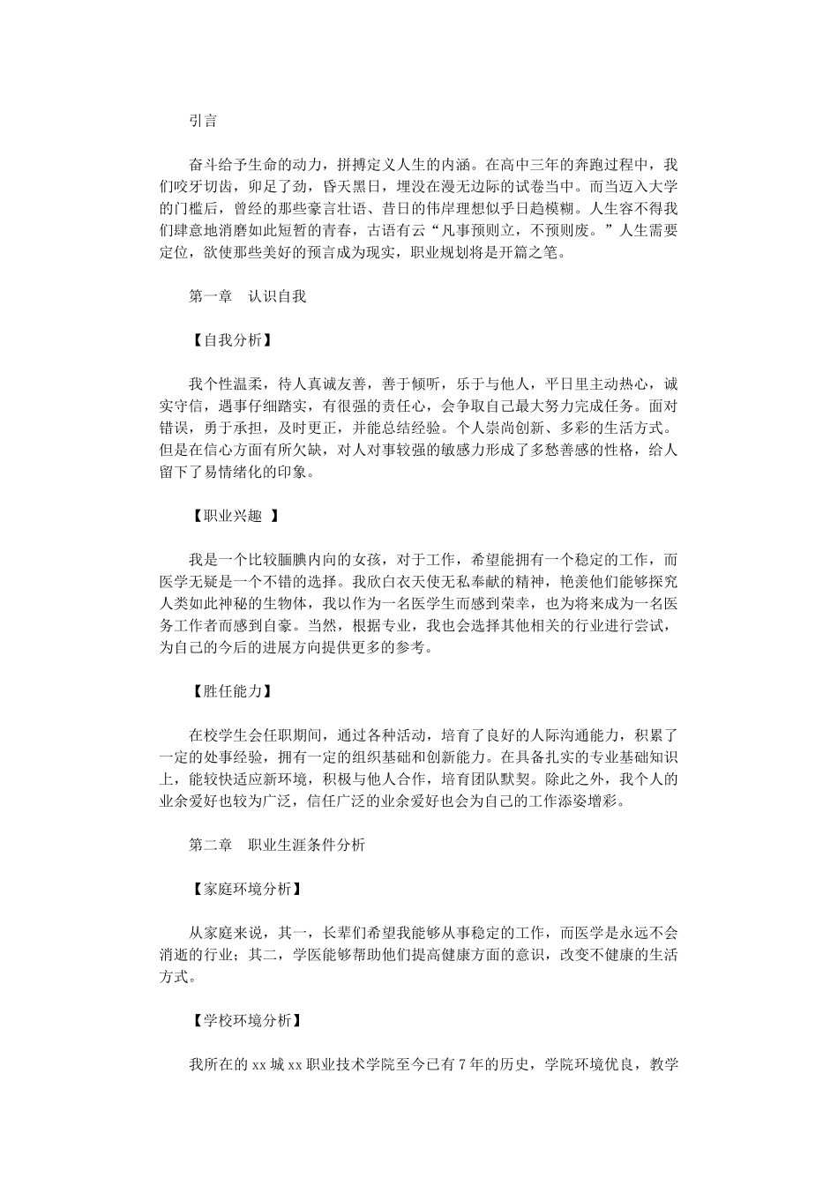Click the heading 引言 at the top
203,121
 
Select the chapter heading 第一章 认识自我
248,296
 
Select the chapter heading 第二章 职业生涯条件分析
277,845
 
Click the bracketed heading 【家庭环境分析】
247,889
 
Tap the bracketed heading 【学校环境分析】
247,1020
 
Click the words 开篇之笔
529,253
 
